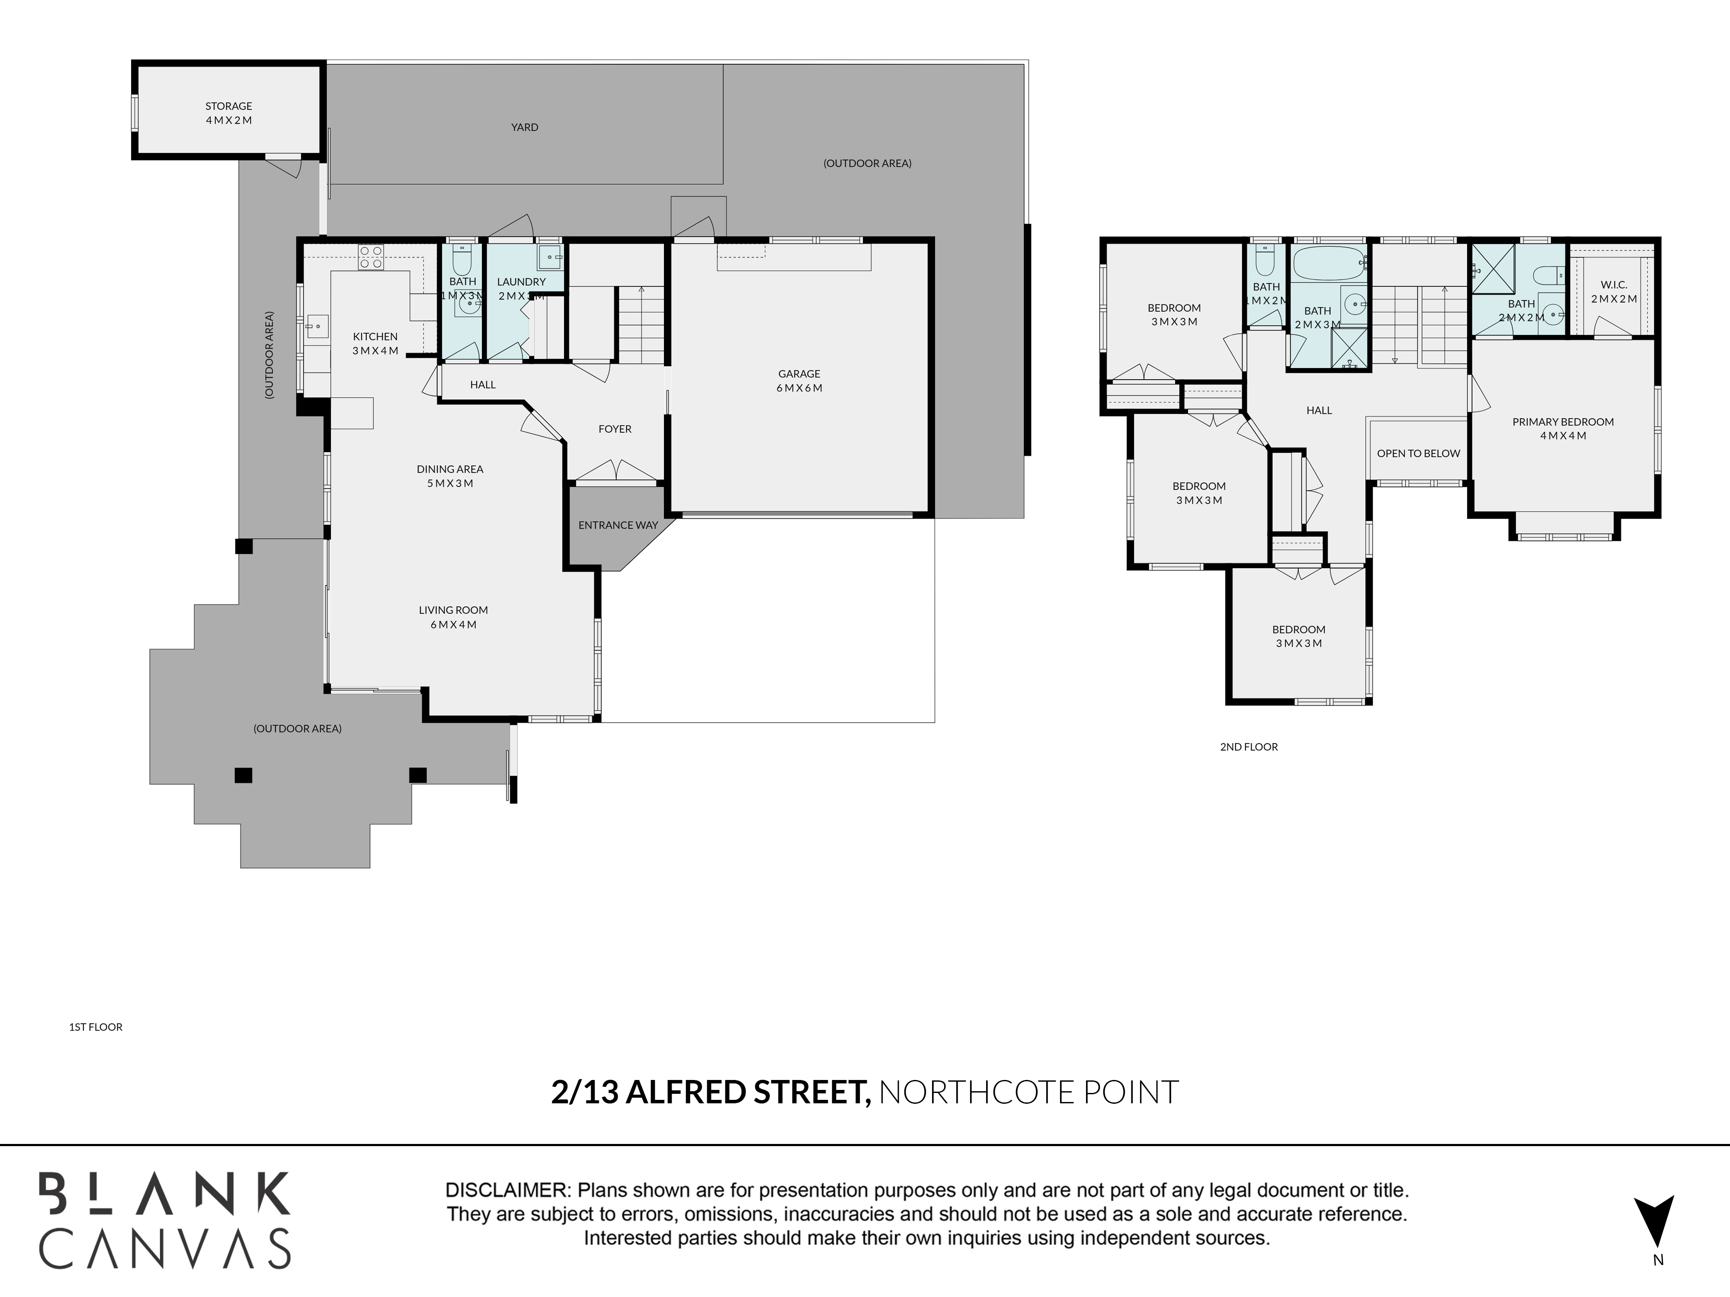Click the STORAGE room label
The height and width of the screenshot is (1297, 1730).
pyautogui.click(x=228, y=106)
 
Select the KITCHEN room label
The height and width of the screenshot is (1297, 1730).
pyautogui.click(x=375, y=337)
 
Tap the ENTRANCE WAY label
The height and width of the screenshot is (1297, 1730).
pyautogui.click(x=618, y=525)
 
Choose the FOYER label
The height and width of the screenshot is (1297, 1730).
pyautogui.click(x=615, y=429)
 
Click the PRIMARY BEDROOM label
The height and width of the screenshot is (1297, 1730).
pyautogui.click(x=1563, y=422)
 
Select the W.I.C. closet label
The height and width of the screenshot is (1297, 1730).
pyautogui.click(x=1614, y=285)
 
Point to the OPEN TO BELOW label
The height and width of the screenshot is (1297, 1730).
pyautogui.click(x=1418, y=454)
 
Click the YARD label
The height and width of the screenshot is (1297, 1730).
pyautogui.click(x=524, y=128)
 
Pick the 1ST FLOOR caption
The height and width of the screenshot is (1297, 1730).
pyautogui.click(x=96, y=1027)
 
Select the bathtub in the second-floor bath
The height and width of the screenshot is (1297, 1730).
pyautogui.click(x=1329, y=263)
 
